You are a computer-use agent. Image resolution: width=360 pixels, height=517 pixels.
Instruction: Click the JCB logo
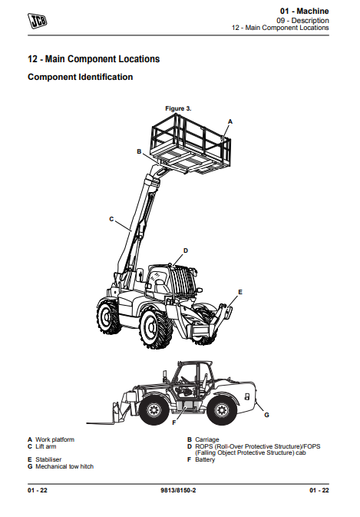(x=37, y=21)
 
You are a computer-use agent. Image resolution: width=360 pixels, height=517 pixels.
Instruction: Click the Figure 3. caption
(x=178, y=108)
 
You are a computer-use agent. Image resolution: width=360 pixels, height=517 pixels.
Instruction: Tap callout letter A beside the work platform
(x=230, y=121)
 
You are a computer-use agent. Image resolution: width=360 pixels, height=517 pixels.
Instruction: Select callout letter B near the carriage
(x=139, y=151)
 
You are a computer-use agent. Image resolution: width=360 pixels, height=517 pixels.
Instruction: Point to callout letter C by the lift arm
(x=111, y=219)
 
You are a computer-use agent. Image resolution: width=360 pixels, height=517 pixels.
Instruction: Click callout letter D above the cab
(x=186, y=250)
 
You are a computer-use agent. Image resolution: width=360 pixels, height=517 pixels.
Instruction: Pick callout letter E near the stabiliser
(x=240, y=292)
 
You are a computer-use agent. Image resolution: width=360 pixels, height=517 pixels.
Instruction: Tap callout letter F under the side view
(x=174, y=423)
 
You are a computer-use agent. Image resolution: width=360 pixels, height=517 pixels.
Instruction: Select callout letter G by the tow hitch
(x=267, y=415)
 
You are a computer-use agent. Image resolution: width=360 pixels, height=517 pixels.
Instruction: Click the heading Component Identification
(x=81, y=77)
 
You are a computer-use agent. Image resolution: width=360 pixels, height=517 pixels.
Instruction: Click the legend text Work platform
(x=55, y=439)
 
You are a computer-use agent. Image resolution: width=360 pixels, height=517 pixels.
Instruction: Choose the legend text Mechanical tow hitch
(x=64, y=466)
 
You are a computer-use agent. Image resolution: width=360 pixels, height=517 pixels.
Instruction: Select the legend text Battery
(x=205, y=459)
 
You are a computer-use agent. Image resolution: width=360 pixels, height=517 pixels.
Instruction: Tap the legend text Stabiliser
(x=48, y=459)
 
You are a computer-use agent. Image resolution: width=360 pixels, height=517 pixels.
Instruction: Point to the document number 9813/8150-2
(x=178, y=490)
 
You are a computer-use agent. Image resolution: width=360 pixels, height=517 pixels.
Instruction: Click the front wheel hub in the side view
(x=154, y=410)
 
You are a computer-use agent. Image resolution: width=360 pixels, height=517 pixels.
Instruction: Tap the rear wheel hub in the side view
(x=222, y=410)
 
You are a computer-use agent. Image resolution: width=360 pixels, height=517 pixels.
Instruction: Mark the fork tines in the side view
(x=101, y=423)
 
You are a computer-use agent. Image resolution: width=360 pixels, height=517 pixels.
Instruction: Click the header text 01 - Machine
(x=304, y=11)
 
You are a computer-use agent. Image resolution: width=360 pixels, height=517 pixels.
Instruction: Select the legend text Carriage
(x=206, y=439)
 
